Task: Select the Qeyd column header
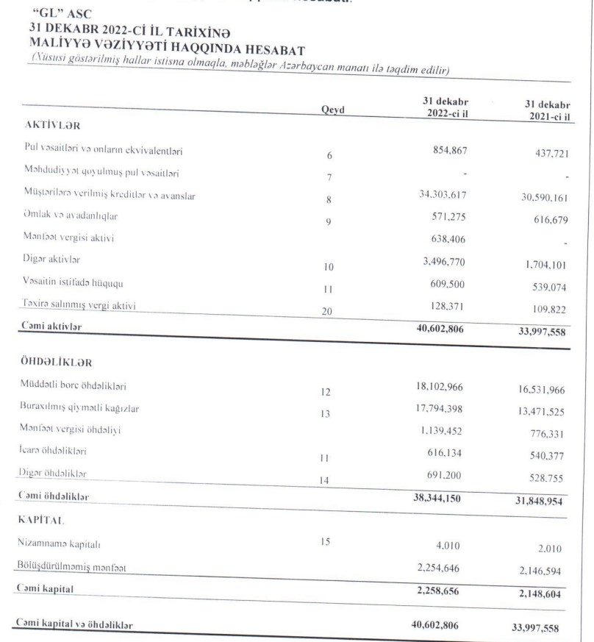tap(333, 110)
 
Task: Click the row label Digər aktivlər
tap(54, 261)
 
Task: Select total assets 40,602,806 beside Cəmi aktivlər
tap(437, 330)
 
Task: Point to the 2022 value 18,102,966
tap(438, 386)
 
